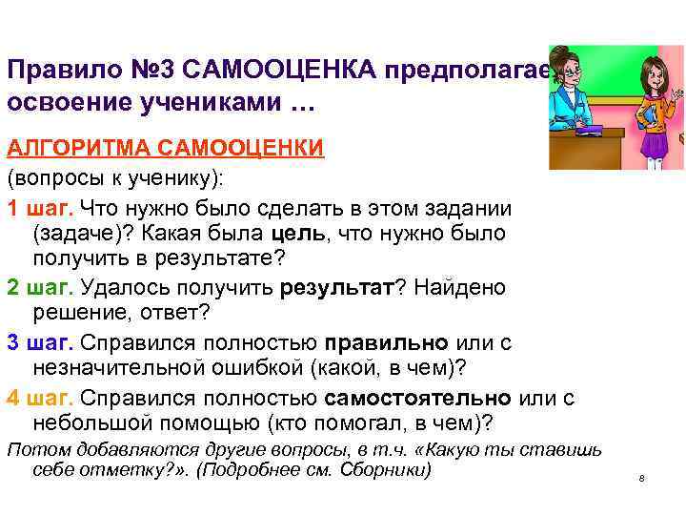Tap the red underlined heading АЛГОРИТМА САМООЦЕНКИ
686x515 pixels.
pos(166,149)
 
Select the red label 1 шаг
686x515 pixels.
pos(40,209)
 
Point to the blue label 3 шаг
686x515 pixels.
pos(40,342)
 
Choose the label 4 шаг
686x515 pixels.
pos(40,397)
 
